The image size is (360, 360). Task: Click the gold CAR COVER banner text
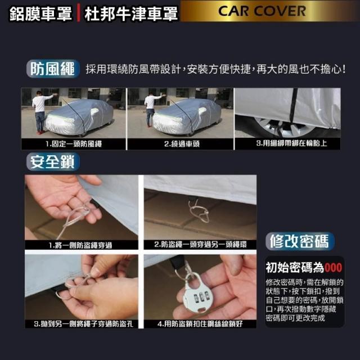click(262, 11)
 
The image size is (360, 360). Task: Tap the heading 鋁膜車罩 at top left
click(40, 13)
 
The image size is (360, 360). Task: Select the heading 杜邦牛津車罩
click(131, 13)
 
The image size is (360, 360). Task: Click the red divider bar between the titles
click(78, 13)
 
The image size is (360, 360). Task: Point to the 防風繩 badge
click(53, 69)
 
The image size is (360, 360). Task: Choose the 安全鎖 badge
click(53, 162)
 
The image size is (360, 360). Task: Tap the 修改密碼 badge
click(300, 241)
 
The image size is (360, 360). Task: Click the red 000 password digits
click(334, 268)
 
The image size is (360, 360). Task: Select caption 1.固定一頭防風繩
click(74, 144)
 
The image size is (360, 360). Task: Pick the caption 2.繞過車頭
click(182, 144)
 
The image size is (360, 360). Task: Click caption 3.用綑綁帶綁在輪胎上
click(291, 143)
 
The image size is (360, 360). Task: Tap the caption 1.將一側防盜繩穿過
click(80, 245)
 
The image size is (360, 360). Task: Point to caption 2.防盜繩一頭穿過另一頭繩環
click(200, 245)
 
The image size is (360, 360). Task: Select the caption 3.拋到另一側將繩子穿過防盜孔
click(84, 324)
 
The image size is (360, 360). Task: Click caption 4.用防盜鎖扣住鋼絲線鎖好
click(200, 324)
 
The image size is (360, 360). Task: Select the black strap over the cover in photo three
click(294, 106)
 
